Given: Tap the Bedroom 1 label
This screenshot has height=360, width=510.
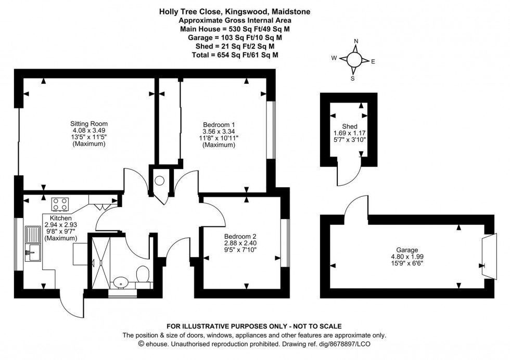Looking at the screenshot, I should coord(219,124).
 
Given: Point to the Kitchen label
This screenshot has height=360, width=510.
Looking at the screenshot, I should coord(60,218).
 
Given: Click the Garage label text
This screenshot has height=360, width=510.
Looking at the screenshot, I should coord(407,250).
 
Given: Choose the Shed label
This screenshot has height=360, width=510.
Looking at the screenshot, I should coord(349,126).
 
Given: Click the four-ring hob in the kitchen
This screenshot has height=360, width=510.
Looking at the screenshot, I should coord(60,202).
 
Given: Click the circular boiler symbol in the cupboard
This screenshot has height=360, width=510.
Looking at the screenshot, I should coord(160,181).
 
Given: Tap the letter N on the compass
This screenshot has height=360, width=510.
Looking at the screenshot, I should coord(356,41).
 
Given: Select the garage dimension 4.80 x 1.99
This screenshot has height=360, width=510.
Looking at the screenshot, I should coord(407,256).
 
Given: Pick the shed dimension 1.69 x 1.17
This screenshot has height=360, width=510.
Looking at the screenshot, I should coord(349,133).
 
